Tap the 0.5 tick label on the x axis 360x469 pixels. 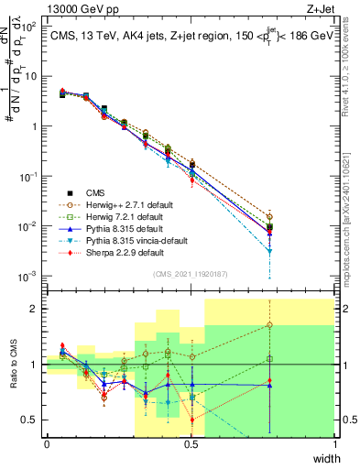pos(191,444)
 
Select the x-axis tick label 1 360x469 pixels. pos(335,444)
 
